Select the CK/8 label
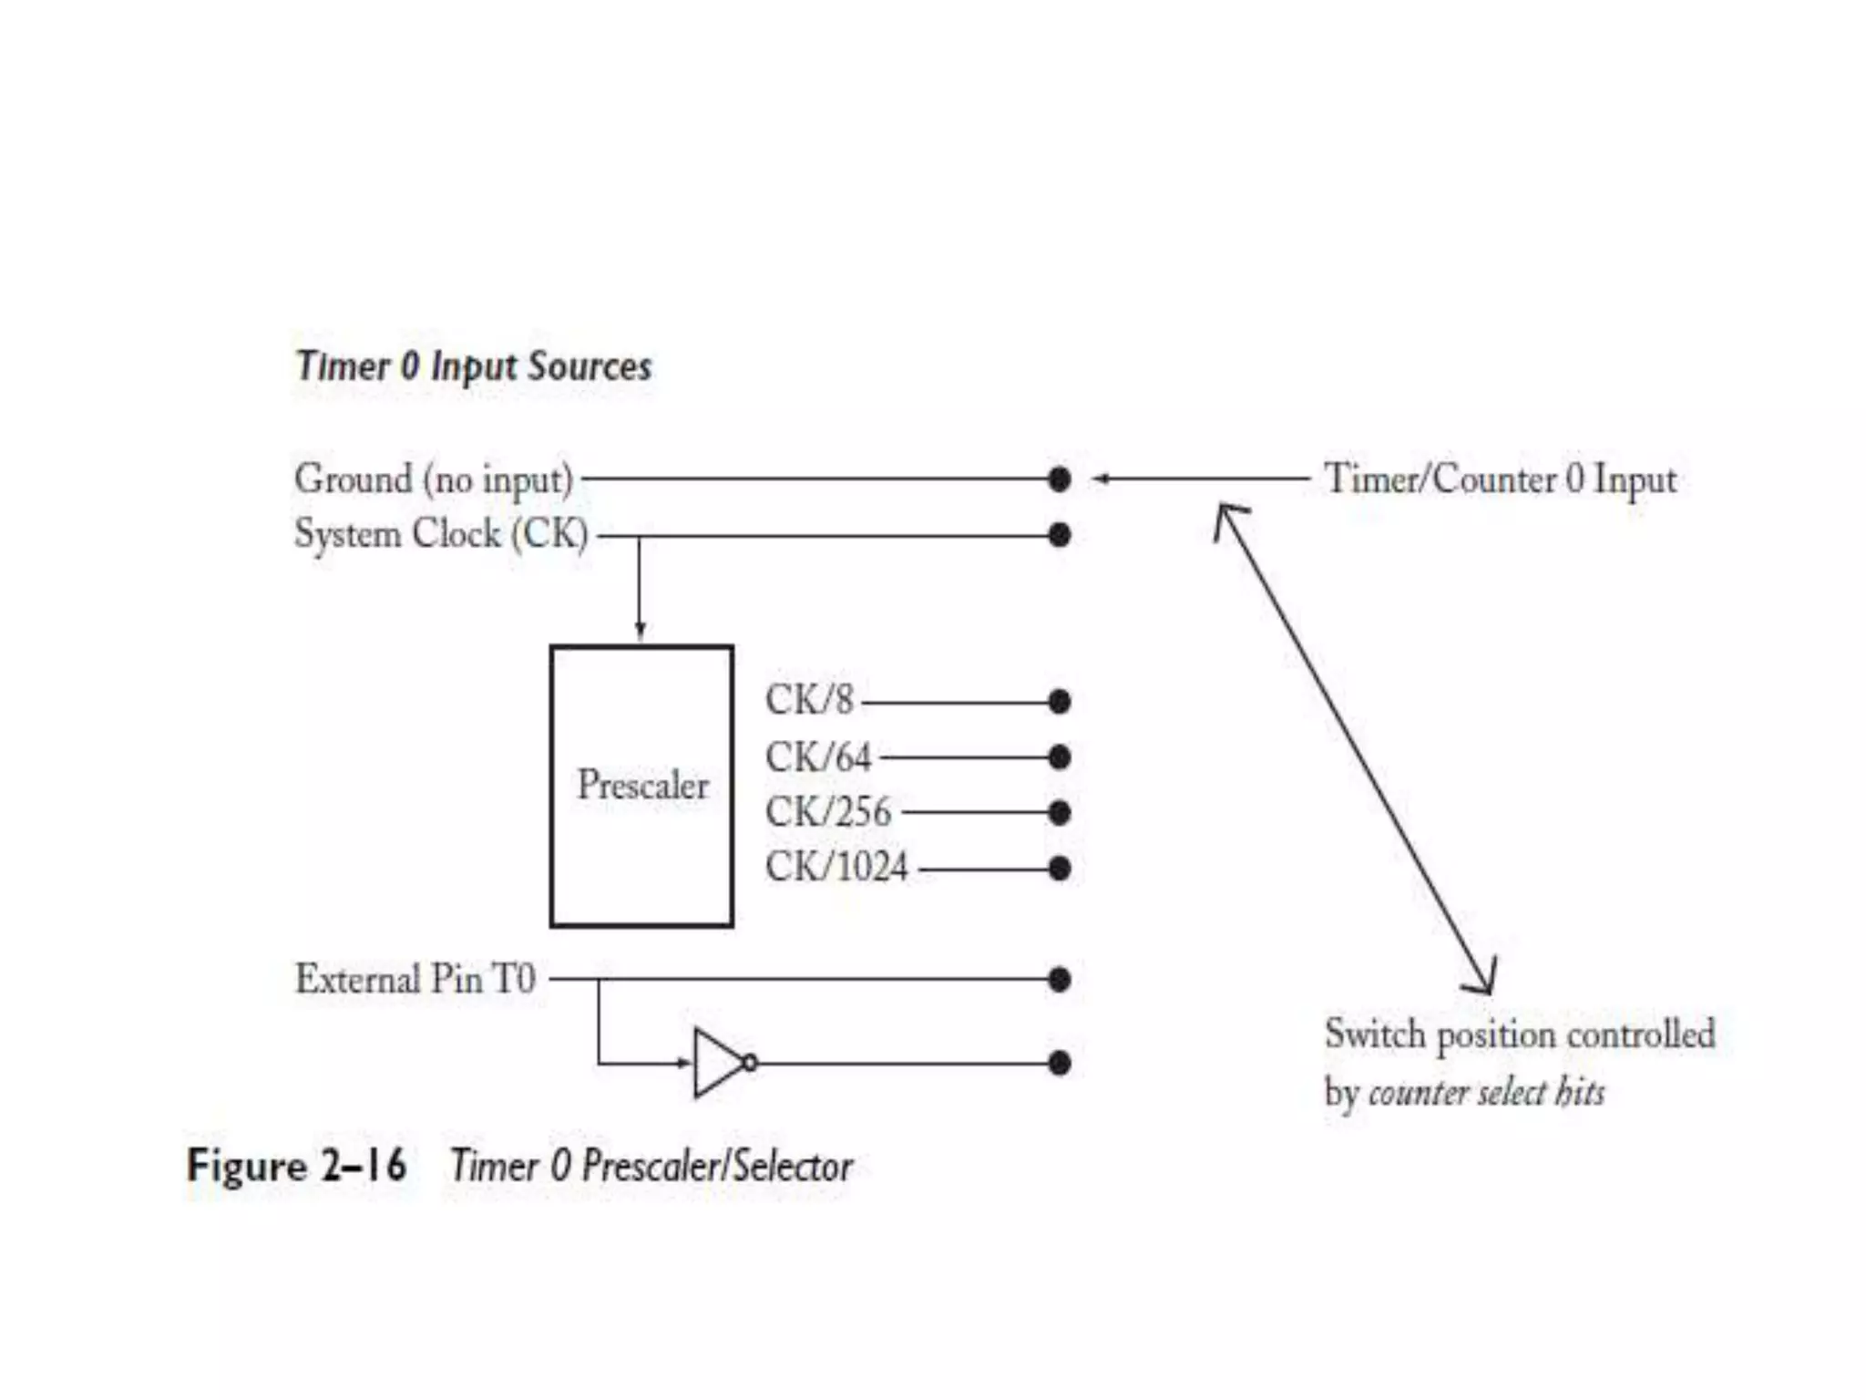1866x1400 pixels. pos(809,701)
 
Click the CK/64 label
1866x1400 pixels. pos(818,757)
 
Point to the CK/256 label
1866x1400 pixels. pos(827,812)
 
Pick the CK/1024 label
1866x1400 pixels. pos(836,867)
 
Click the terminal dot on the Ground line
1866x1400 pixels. pos(1059,479)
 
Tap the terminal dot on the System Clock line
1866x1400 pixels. pos(1059,534)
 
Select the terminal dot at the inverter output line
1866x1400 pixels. pos(1059,1063)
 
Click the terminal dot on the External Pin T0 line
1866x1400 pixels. pos(1059,980)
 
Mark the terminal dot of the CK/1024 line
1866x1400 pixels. pos(1059,868)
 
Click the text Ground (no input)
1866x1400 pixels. pos(434,479)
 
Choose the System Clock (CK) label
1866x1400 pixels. pos(441,534)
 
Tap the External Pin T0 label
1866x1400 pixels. pos(415,980)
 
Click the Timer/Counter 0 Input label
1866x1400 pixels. pos(1500,479)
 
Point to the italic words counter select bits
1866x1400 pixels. pos(1486,1092)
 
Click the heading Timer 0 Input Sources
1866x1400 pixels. pos(474,366)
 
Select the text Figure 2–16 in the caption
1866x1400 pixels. pos(296,1166)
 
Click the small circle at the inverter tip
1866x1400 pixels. pos(750,1063)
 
